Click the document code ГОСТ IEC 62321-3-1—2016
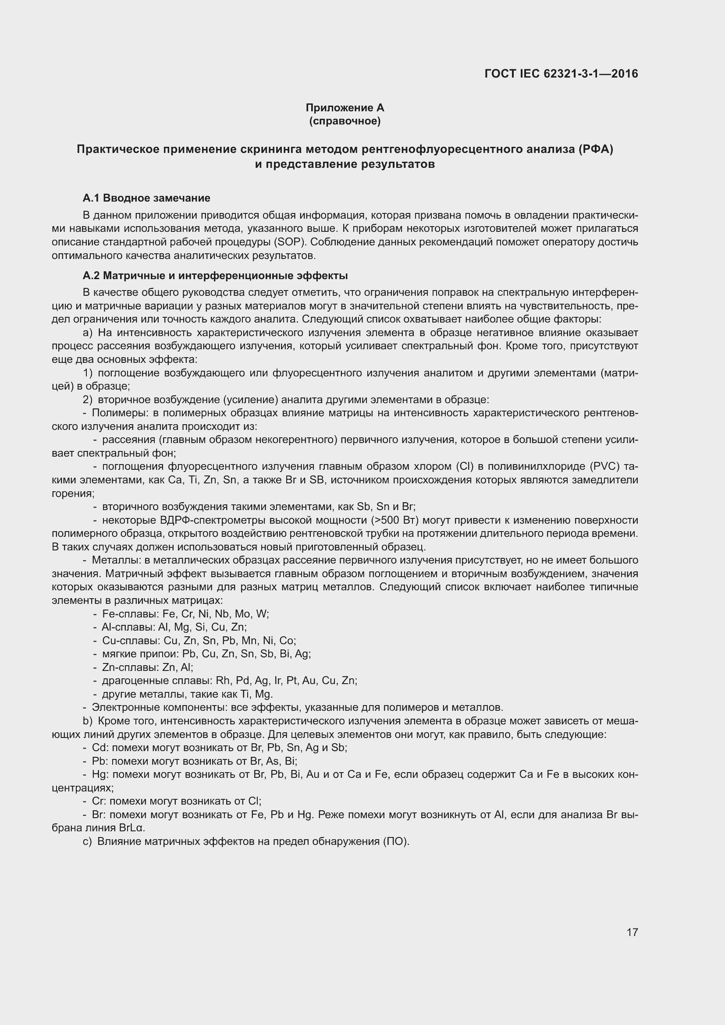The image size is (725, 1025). coord(561,74)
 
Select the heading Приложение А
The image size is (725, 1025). coord(345,108)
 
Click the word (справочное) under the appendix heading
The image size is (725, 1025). coord(345,121)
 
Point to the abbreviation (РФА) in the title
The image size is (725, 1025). coord(596,149)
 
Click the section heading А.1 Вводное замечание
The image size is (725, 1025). coord(146,198)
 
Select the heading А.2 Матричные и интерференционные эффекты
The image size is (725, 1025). coord(215,276)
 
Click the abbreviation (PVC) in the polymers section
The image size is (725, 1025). coord(604,467)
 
